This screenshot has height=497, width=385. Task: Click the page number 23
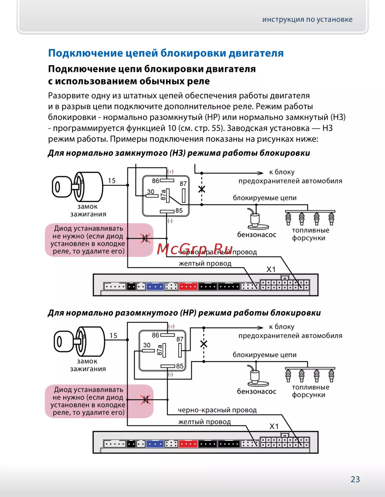tap(355, 479)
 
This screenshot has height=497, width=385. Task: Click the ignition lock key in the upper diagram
tap(65, 187)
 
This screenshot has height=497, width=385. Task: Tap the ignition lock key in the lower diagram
tap(67, 342)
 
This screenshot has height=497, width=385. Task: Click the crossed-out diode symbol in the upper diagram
tap(145, 239)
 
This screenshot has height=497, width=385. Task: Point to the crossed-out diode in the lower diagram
tap(145, 400)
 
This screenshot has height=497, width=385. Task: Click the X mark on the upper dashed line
tap(201, 189)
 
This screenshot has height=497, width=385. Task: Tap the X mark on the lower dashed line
tap(204, 344)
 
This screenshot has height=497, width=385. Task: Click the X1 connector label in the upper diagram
tap(271, 269)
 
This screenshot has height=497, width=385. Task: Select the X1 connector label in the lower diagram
tap(274, 426)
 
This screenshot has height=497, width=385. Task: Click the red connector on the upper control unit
tap(188, 287)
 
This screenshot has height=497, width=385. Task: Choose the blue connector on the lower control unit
tap(155, 444)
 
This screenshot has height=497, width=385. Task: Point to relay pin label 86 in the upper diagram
tap(156, 180)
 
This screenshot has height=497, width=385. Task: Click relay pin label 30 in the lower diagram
tap(147, 345)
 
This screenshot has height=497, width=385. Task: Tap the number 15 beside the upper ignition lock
tap(112, 180)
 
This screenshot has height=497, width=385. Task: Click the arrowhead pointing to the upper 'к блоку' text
tap(261, 173)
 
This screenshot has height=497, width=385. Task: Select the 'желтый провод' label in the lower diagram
tap(204, 422)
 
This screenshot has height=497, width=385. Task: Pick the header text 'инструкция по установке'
tap(307, 19)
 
